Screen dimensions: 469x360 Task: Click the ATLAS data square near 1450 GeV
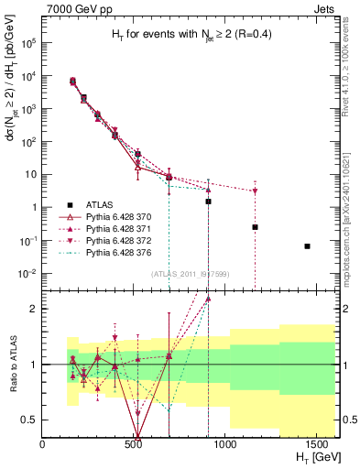(x=308, y=246)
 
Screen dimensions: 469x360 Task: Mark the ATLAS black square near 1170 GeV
(x=256, y=227)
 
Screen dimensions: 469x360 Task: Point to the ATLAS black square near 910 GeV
(x=209, y=202)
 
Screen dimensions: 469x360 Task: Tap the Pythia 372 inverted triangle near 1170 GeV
(x=256, y=191)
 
